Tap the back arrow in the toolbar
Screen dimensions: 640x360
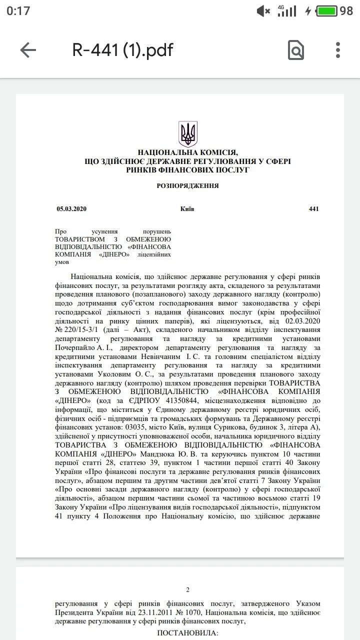28,50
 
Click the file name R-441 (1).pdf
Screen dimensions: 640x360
123,50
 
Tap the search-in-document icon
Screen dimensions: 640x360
296,50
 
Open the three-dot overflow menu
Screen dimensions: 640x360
338,50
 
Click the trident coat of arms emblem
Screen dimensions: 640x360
188,133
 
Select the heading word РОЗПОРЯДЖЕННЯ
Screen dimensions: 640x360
187,185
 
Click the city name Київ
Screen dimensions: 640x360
187,209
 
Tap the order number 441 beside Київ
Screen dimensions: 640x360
313,209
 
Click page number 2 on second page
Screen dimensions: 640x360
187,590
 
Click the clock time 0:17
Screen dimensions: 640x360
18,10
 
